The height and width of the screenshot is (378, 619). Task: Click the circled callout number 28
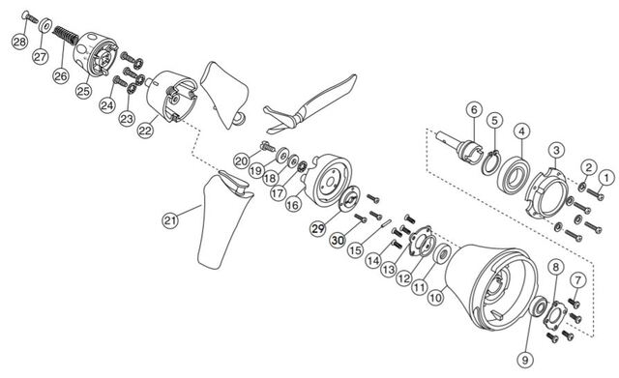[19, 42]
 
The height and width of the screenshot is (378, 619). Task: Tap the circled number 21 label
[170, 220]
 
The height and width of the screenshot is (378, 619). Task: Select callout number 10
[436, 297]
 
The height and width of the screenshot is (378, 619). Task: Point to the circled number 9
[525, 360]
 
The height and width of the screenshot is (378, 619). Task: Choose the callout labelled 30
[338, 240]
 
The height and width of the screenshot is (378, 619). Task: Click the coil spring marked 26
[66, 35]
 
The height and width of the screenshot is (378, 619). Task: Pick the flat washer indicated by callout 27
[45, 26]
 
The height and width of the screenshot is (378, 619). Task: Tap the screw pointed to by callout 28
[30, 16]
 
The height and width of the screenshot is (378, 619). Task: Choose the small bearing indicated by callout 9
[538, 306]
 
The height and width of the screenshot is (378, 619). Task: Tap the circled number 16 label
[293, 204]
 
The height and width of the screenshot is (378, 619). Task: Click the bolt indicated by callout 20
[268, 147]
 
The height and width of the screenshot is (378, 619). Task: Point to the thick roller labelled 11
[442, 254]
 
